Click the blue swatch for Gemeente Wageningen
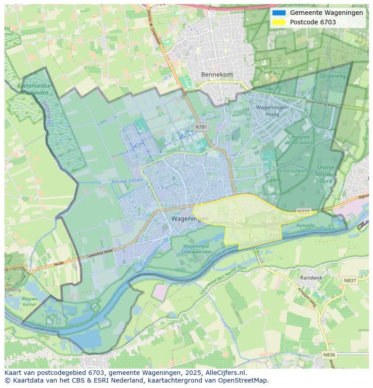279,13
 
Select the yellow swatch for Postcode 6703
279,22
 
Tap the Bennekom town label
217,75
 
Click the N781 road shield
201,127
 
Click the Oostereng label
332,77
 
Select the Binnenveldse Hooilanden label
34,89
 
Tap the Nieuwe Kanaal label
127,181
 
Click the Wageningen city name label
190,219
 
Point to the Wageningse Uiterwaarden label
197,249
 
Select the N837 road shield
350,280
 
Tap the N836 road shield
329,355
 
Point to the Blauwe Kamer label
29,301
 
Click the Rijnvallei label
305,225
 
